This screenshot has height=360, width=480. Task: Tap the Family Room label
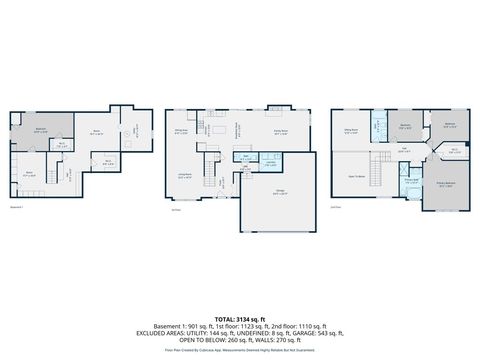click(x=279, y=131)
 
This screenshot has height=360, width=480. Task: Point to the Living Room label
click(x=186, y=175)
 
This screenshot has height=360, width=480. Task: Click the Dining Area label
click(x=182, y=130)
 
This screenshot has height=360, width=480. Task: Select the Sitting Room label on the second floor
click(x=351, y=130)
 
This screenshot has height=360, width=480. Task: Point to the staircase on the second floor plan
click(x=382, y=160)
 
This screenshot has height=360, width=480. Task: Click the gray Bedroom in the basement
click(x=41, y=129)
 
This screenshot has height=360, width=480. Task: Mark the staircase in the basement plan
click(x=72, y=176)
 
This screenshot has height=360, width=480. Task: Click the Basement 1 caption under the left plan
click(x=17, y=208)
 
